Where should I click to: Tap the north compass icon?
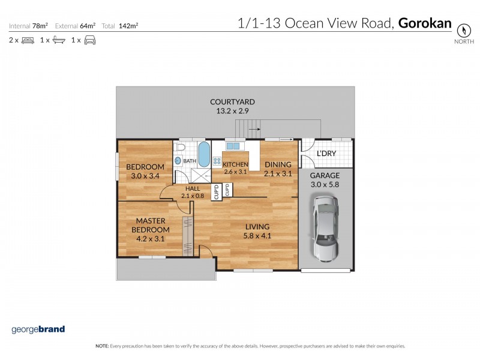pos(463,30)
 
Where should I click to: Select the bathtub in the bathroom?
pos(203,155)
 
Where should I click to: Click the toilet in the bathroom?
pos(180,148)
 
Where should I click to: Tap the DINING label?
pos(278,165)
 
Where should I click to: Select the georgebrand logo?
pos(38,329)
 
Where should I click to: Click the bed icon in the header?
pos(28,40)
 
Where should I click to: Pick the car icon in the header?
pos(90,40)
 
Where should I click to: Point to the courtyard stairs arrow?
pos(254,128)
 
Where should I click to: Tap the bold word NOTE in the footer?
pos(101,346)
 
